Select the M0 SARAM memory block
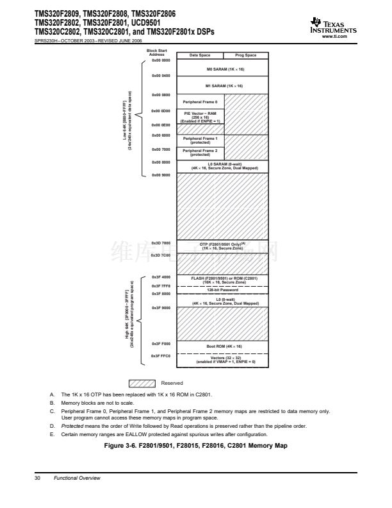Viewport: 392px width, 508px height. click(224, 68)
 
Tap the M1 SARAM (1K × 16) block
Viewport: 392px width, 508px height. click(224, 85)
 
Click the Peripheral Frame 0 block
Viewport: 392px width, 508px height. click(200, 101)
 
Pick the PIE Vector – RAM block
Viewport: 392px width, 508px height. click(200, 116)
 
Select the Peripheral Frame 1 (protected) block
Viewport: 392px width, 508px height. click(200, 140)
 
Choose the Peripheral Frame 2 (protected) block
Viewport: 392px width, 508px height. click(200, 153)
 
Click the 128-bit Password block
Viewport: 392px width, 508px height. click(224, 290)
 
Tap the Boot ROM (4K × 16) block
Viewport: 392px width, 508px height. click(224, 346)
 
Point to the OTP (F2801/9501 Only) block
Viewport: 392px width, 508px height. click(224, 246)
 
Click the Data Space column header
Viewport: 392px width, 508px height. click(200, 55)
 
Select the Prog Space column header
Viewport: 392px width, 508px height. click(247, 55)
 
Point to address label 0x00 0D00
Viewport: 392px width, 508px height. click(161, 111)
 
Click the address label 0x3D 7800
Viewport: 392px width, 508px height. click(161, 242)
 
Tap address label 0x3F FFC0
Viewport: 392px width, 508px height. click(161, 355)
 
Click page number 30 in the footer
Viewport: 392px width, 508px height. click(38, 478)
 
